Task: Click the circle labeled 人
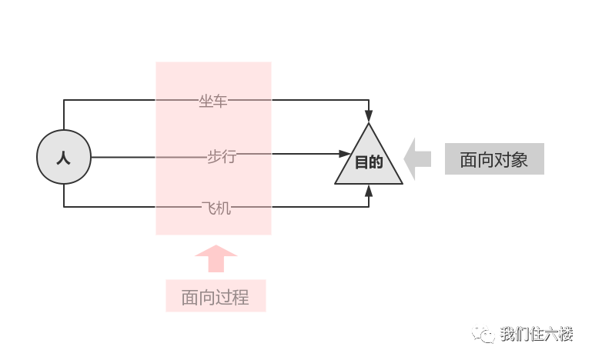[64, 158]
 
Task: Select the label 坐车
[213, 101]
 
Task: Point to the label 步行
[221, 156]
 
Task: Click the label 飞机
[216, 207]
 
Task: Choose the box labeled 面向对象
[494, 159]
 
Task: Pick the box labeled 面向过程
[216, 296]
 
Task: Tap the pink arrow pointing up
[216, 258]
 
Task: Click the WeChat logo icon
[483, 333]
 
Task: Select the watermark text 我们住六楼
[536, 334]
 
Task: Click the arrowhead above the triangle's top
[369, 116]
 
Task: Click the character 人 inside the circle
[64, 158]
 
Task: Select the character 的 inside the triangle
[376, 162]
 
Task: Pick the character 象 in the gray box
[520, 159]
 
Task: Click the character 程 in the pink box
[241, 297]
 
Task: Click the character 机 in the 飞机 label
[223, 207]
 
